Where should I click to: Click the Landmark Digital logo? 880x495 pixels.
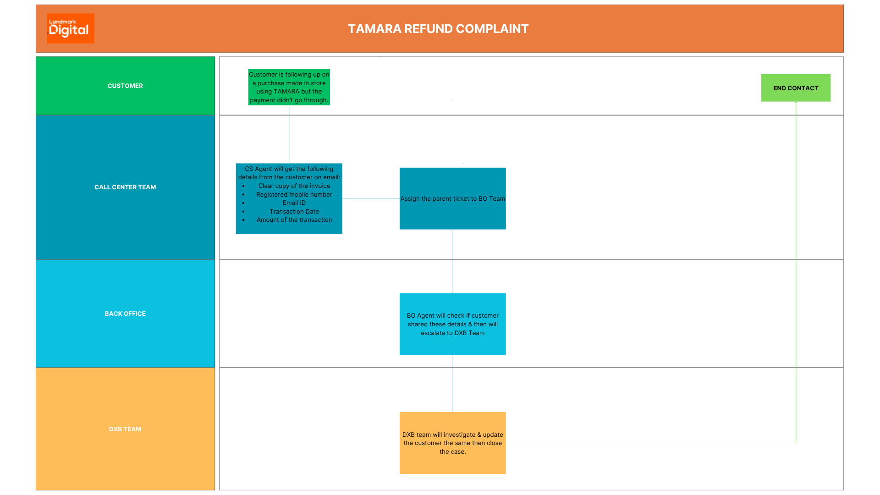(x=71, y=28)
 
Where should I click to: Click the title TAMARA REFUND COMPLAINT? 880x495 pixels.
(x=438, y=29)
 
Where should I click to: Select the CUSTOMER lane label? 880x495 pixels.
(x=125, y=86)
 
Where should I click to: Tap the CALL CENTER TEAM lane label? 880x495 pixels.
(x=125, y=187)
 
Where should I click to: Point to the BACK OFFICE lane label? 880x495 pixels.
(x=125, y=313)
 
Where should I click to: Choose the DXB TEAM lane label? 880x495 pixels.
(x=125, y=429)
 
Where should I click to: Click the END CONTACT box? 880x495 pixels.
(x=796, y=88)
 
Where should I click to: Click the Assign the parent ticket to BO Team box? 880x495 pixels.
(x=452, y=198)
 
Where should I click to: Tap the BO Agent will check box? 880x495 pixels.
(x=452, y=324)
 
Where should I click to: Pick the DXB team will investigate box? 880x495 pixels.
(x=452, y=443)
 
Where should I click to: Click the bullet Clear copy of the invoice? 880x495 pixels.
(x=294, y=186)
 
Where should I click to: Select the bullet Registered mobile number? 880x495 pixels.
(x=294, y=194)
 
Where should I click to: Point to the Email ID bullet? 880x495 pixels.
(x=294, y=203)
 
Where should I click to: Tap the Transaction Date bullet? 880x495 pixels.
(x=294, y=211)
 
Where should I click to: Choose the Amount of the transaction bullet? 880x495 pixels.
(x=294, y=220)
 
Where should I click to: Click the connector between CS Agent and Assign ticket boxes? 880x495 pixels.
(x=370, y=198)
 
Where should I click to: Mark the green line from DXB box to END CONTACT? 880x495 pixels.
(x=651, y=443)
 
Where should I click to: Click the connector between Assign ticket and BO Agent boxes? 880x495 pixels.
(x=453, y=261)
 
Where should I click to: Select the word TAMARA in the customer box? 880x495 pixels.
(x=286, y=91)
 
